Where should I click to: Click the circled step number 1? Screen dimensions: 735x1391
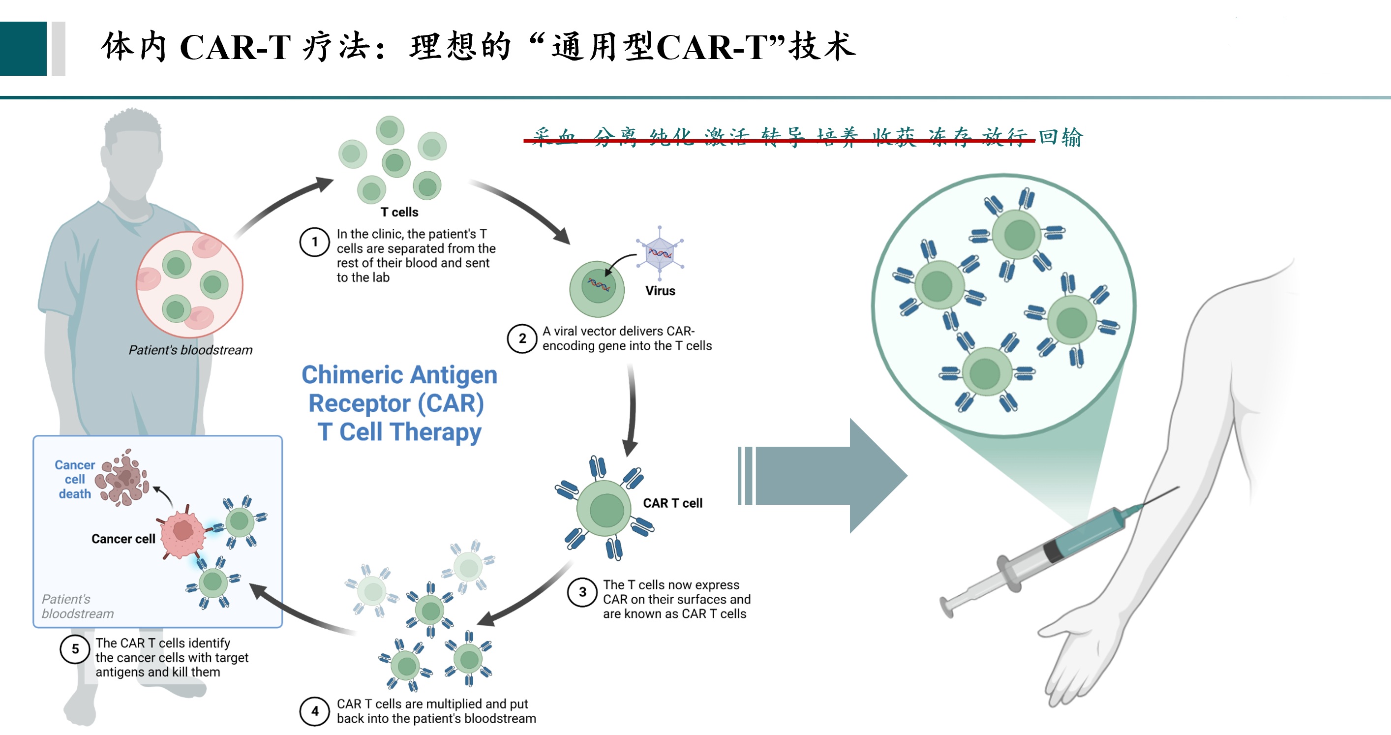pyautogui.click(x=314, y=242)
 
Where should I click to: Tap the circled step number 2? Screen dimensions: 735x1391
pyautogui.click(x=521, y=338)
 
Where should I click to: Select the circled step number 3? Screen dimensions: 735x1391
pyautogui.click(x=582, y=592)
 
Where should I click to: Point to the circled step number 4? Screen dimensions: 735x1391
pyautogui.click(x=314, y=711)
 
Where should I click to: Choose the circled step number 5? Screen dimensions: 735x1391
pyautogui.click(x=75, y=649)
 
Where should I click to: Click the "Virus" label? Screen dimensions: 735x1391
pyautogui.click(x=660, y=291)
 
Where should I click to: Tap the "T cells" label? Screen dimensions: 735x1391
pyautogui.click(x=399, y=212)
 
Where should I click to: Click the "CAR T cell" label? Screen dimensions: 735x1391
pyautogui.click(x=672, y=503)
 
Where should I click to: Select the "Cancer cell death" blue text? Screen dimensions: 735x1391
pyautogui.click(x=75, y=480)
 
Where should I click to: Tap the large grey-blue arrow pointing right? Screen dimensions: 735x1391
pyautogui.click(x=826, y=475)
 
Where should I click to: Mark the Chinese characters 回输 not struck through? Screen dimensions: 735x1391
pyautogui.click(x=1060, y=137)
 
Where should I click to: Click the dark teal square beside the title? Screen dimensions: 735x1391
pyautogui.click(x=23, y=49)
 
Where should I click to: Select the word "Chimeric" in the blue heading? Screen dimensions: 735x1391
pyautogui.click(x=352, y=375)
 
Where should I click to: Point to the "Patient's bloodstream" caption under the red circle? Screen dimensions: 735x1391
pyautogui.click(x=190, y=350)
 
